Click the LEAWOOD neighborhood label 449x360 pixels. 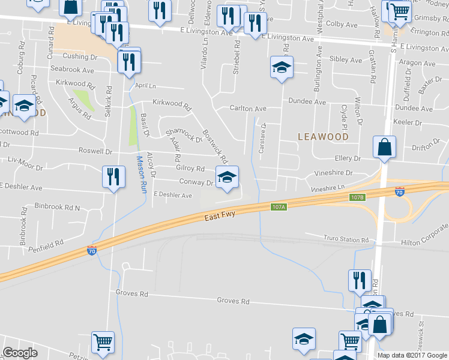(323, 137)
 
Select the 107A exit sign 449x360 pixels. (278, 206)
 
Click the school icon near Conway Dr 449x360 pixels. (227, 177)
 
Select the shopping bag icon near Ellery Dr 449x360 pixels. (384, 147)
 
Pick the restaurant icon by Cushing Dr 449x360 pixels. (129, 61)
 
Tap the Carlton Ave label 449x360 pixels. (248, 109)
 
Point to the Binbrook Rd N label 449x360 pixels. (57, 207)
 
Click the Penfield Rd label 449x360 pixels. (48, 245)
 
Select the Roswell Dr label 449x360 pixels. (95, 151)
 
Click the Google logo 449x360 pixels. (20, 353)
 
